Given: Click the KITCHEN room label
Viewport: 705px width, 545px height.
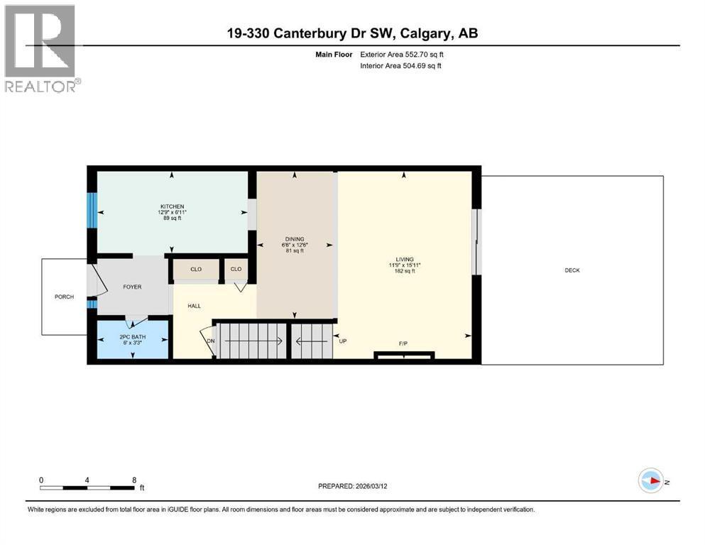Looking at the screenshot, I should click(x=171, y=207).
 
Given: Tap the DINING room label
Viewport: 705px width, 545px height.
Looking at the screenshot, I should click(x=295, y=239).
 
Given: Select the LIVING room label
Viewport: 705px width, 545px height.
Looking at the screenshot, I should click(x=405, y=260).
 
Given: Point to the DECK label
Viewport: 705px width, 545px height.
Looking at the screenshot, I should click(x=572, y=270).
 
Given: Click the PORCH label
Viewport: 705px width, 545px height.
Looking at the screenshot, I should click(x=64, y=297).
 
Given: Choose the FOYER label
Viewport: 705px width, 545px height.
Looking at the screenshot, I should click(x=132, y=287).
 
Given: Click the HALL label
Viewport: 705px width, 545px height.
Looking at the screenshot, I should click(x=194, y=306).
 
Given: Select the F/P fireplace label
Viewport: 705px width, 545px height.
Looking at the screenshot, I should click(x=403, y=344).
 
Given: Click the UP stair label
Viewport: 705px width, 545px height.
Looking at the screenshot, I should click(x=344, y=341).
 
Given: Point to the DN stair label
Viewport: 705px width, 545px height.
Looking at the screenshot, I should click(x=210, y=341).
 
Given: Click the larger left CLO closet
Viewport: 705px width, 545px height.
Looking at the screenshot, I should click(x=197, y=270).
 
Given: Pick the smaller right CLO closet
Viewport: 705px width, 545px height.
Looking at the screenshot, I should click(x=236, y=270).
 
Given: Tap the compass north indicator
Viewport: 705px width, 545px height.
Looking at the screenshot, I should click(x=651, y=481).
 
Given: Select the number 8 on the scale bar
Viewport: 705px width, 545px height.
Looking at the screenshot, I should click(x=133, y=480).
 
